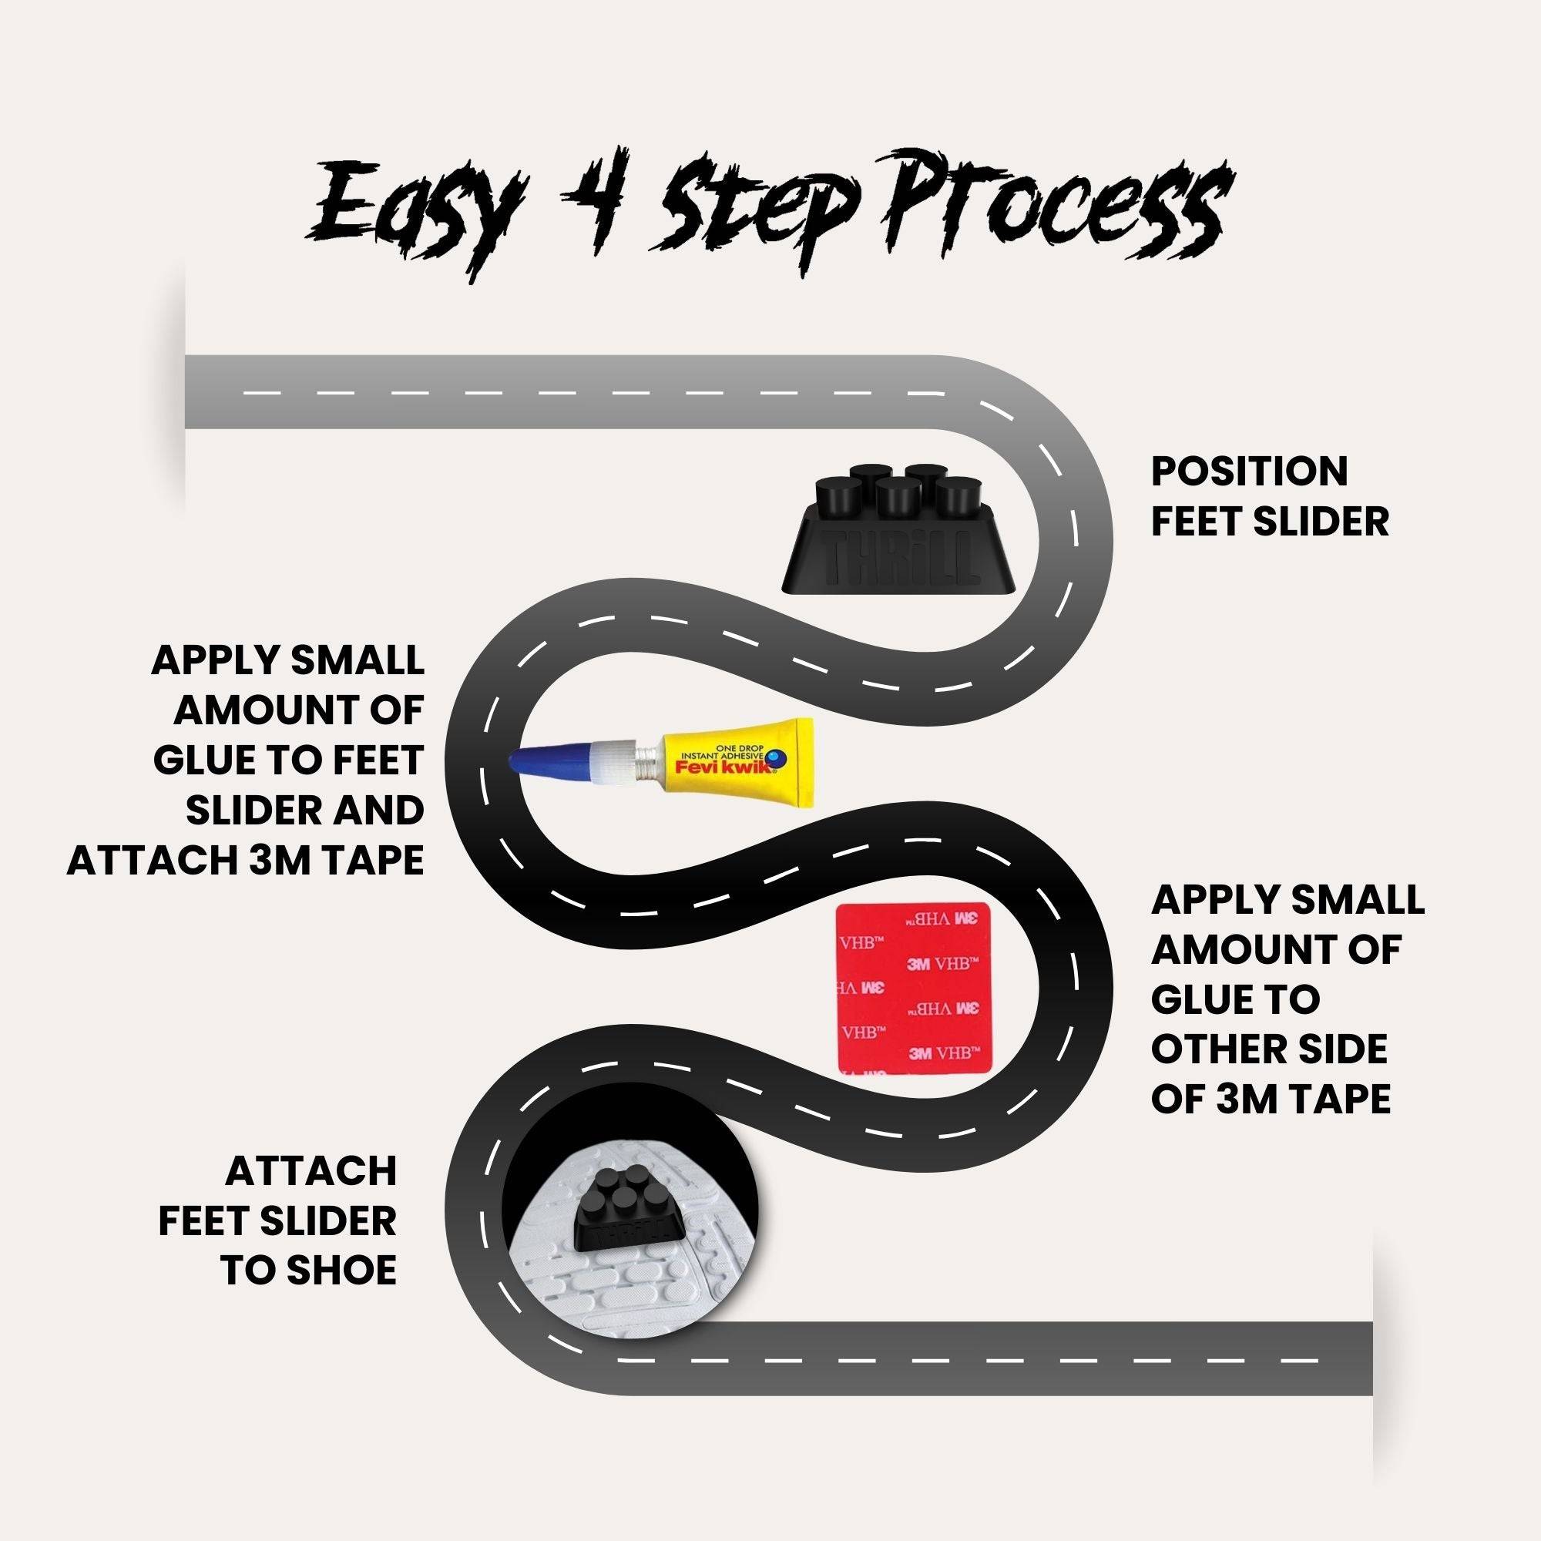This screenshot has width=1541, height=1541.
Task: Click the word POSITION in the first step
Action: click(x=1249, y=472)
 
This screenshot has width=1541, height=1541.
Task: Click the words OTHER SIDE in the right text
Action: click(x=1269, y=1049)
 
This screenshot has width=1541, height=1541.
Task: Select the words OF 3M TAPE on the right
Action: click(x=1271, y=1100)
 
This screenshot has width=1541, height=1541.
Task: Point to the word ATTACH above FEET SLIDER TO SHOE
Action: click(x=311, y=1171)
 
